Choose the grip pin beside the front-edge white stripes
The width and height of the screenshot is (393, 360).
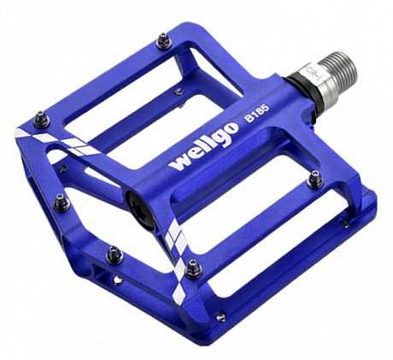tap(195, 266)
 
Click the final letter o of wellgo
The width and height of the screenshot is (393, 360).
tap(228, 140)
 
